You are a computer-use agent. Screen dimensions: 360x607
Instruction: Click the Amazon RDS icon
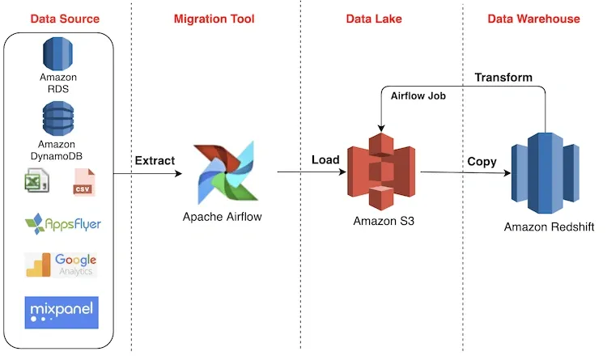pos(58,53)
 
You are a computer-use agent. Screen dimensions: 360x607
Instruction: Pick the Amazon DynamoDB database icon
pos(58,119)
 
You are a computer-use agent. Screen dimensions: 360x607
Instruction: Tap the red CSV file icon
pos(83,183)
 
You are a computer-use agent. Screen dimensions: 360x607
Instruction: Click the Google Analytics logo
pos(62,265)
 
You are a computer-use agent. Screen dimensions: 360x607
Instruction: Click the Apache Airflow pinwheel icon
pos(223,172)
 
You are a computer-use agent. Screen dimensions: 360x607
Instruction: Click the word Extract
pos(154,160)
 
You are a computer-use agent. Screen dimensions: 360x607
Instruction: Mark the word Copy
pos(482,161)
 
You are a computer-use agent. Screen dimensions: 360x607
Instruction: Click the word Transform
pos(503,78)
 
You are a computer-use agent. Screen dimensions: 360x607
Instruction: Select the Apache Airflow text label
pos(223,217)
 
